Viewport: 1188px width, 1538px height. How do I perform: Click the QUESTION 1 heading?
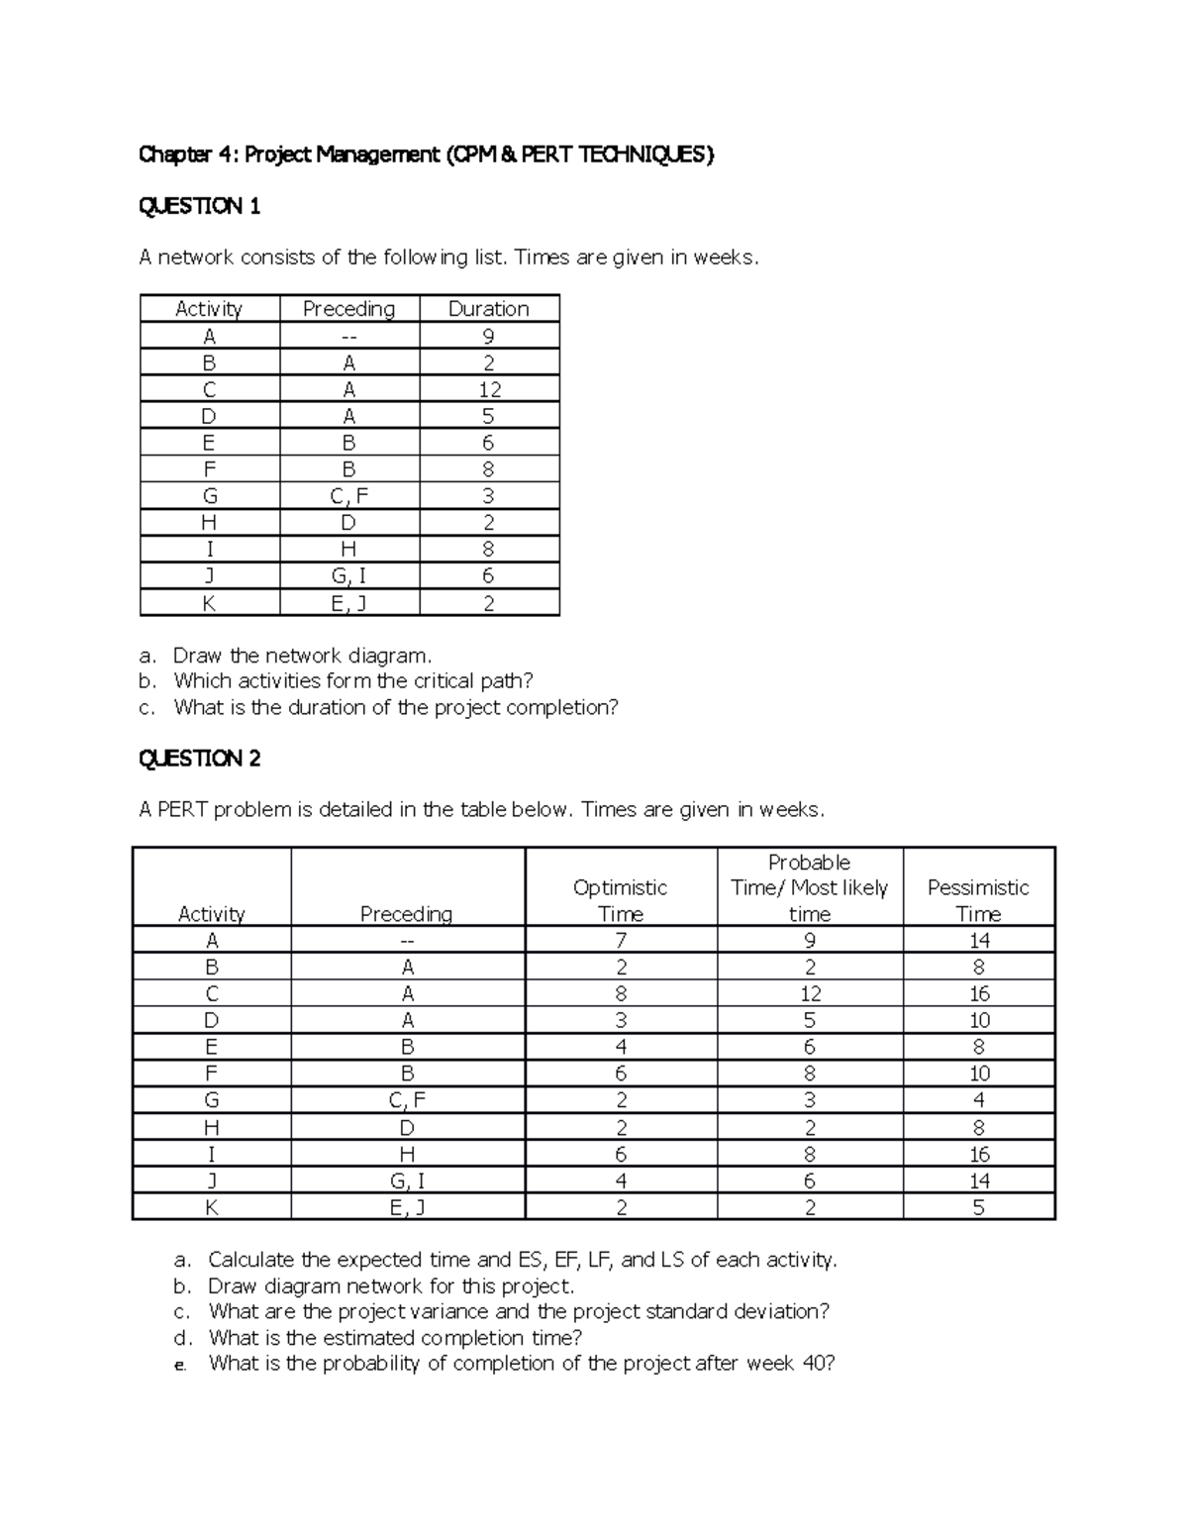click(x=199, y=206)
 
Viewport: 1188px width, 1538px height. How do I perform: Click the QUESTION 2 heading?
click(x=199, y=759)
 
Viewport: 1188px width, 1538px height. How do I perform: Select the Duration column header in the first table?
click(x=488, y=309)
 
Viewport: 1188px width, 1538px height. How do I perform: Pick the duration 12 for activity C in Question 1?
click(x=488, y=390)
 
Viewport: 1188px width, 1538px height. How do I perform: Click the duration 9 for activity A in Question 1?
click(x=488, y=337)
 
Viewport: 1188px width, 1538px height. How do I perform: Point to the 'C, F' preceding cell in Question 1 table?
click(x=349, y=497)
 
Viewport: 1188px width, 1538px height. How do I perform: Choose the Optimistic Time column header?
click(x=621, y=900)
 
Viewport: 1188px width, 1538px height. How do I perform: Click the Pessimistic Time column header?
click(x=977, y=900)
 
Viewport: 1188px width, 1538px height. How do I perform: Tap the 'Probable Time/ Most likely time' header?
click(x=809, y=888)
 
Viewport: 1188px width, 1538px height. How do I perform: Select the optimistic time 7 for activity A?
click(x=621, y=941)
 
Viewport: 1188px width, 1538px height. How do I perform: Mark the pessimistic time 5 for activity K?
click(x=978, y=1207)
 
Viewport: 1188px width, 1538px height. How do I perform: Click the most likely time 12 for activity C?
click(x=810, y=994)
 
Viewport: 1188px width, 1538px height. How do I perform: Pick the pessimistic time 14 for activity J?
click(x=978, y=1180)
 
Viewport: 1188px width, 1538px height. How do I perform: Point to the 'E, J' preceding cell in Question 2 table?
click(x=407, y=1207)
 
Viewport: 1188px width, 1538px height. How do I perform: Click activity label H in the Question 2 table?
click(x=211, y=1128)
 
